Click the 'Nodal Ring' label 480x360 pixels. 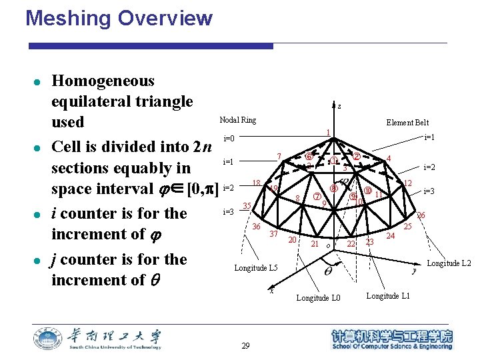click(237, 119)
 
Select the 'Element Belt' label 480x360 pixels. click(407, 123)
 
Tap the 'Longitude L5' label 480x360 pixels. click(255, 268)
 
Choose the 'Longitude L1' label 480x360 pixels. click(388, 295)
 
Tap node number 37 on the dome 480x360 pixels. click(273, 234)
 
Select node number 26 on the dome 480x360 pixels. click(421, 215)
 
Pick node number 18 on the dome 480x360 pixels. click(256, 183)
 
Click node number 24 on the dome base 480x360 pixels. click(391, 235)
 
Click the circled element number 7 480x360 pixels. click(317, 197)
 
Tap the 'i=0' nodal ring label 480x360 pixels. click(229, 139)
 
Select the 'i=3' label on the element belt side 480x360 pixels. click(429, 191)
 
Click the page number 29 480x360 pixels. click(245, 345)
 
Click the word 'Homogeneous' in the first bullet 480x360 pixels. click(103, 81)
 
